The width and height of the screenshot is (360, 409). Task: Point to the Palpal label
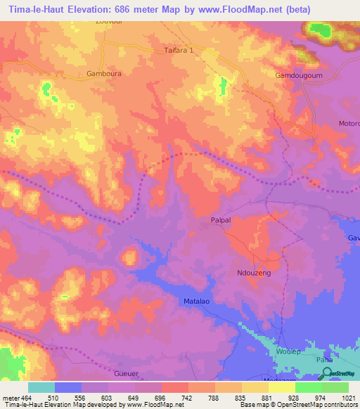click(221, 220)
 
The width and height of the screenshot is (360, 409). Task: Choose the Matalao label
click(199, 301)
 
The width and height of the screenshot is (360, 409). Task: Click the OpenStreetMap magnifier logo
click(325, 373)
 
